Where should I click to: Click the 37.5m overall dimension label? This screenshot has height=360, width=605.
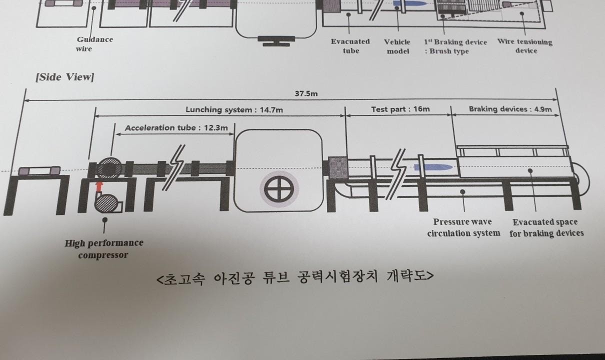305,94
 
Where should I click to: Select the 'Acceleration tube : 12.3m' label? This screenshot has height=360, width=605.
176,128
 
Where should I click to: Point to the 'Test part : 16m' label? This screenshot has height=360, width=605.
400,109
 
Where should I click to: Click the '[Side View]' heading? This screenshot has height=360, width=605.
64,77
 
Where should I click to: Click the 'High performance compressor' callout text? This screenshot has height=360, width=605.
104,248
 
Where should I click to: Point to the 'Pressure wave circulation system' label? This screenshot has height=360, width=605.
463,227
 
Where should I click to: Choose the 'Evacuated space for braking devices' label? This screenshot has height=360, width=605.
546,227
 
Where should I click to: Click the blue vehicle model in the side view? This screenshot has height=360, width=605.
433,166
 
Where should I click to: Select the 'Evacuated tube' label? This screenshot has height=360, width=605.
350,46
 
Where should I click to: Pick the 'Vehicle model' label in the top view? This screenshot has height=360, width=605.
397,46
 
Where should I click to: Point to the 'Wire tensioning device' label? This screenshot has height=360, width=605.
524,46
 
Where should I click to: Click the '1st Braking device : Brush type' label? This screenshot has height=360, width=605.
455,46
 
